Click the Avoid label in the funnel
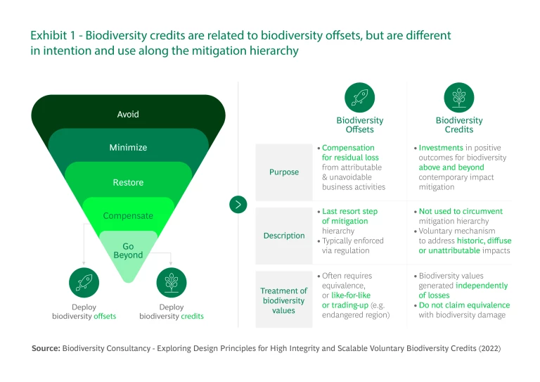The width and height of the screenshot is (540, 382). (128, 115)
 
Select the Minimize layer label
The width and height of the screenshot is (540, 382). (128, 148)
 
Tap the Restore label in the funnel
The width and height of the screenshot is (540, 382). (128, 182)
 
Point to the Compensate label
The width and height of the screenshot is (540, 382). (128, 216)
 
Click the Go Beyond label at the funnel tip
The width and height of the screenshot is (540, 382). (128, 250)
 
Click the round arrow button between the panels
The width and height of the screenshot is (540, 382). (238, 205)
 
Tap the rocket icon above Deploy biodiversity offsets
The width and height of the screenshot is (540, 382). (84, 282)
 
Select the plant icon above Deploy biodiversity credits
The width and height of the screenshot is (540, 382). (172, 282)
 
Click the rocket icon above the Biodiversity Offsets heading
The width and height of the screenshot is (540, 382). (359, 98)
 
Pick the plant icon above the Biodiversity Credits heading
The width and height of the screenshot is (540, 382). (459, 98)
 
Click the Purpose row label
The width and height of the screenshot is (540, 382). (284, 172)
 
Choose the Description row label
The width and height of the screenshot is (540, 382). (284, 236)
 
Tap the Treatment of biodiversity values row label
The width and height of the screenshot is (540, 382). (284, 300)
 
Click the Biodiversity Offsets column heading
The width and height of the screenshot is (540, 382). (360, 125)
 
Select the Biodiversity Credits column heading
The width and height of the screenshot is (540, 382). (459, 125)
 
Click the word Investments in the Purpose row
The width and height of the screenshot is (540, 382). (441, 148)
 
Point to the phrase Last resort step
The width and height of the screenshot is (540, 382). (350, 211)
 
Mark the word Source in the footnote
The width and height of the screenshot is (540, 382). (46, 348)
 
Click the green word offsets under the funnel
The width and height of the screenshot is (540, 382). (105, 316)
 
